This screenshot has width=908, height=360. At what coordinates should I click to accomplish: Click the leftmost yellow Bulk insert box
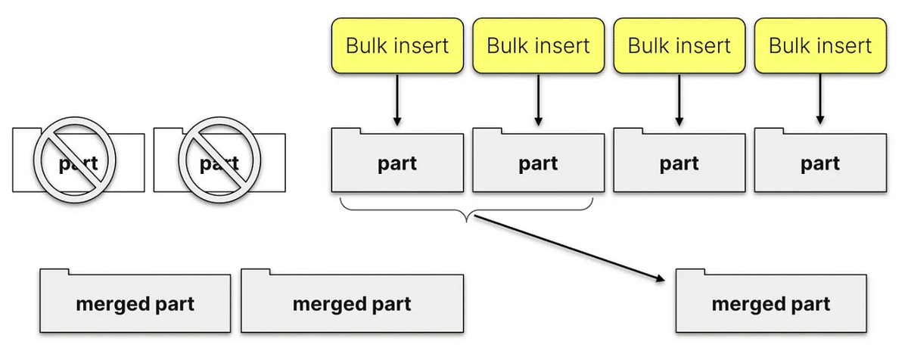pyautogui.click(x=397, y=45)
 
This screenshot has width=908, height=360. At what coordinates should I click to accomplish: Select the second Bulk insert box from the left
pyautogui.click(x=538, y=45)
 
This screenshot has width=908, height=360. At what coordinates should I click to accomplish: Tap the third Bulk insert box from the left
pyautogui.click(x=679, y=45)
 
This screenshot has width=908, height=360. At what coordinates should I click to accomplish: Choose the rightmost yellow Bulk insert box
pyautogui.click(x=820, y=45)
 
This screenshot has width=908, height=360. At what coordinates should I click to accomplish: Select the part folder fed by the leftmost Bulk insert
pyautogui.click(x=397, y=162)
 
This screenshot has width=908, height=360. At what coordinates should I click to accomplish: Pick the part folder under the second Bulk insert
pyautogui.click(x=538, y=162)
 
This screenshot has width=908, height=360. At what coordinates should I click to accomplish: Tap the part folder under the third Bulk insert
pyautogui.click(x=679, y=162)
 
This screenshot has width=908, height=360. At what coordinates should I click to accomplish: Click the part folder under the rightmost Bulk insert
pyautogui.click(x=820, y=162)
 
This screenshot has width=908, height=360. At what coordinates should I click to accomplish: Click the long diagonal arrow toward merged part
pyautogui.click(x=567, y=250)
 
